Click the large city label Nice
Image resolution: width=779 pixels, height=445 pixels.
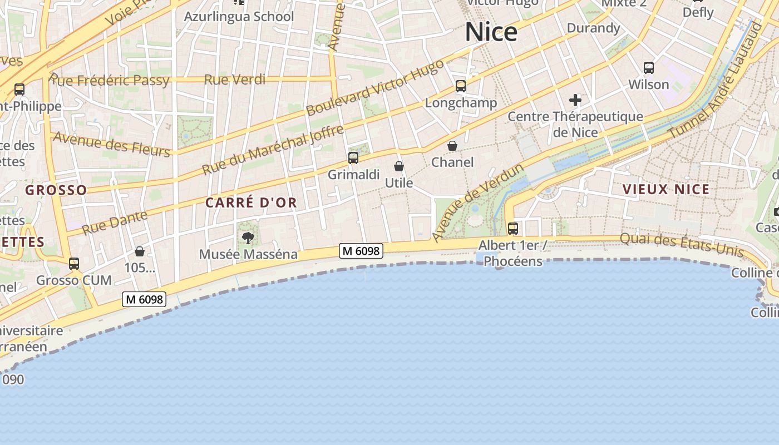point(491,32)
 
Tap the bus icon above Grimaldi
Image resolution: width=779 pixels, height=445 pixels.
point(353,158)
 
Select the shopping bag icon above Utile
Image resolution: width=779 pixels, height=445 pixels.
point(399,166)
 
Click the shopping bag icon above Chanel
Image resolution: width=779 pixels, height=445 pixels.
point(452,146)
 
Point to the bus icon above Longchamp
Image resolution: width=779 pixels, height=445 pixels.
point(461,86)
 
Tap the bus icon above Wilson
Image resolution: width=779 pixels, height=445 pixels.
point(649,68)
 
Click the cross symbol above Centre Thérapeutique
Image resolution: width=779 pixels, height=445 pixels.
point(575,101)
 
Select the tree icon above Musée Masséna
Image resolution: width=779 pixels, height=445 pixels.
point(248,238)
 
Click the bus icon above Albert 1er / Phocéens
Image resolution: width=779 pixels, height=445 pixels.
point(513,229)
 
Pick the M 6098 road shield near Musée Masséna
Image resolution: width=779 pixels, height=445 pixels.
point(361,251)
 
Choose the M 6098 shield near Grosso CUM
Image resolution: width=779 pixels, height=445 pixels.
point(145,300)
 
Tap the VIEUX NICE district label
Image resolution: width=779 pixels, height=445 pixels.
point(666,189)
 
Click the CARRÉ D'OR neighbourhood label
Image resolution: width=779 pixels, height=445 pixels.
point(251,203)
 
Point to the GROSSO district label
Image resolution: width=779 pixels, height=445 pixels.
point(56,190)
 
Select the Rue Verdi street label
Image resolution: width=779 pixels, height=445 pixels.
point(235,80)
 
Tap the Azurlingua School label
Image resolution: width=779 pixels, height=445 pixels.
point(239,17)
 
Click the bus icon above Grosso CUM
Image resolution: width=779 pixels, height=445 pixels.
point(74,264)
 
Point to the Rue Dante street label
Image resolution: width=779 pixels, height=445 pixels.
point(115,222)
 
